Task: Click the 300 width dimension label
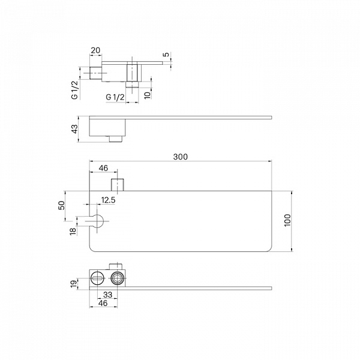pyautogui.click(x=180, y=157)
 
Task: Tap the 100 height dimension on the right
pyautogui.click(x=287, y=220)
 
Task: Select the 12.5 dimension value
pyautogui.click(x=108, y=200)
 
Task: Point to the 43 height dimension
pyautogui.click(x=75, y=129)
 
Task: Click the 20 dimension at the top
pyautogui.click(x=95, y=50)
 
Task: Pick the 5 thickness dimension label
pyautogui.click(x=166, y=55)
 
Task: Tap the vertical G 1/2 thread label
pyautogui.click(x=75, y=90)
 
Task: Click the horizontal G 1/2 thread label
pyautogui.click(x=115, y=97)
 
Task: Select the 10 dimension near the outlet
pyautogui.click(x=148, y=94)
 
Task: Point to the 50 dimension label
pyautogui.click(x=62, y=205)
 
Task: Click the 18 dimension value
pyautogui.click(x=73, y=231)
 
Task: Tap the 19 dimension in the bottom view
pyautogui.click(x=73, y=284)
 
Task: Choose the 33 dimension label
pyautogui.click(x=107, y=295)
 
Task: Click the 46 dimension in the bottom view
pyautogui.click(x=103, y=303)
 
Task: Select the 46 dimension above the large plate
pyautogui.click(x=103, y=168)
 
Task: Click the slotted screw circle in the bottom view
pyautogui.click(x=97, y=278)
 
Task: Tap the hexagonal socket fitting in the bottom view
pyautogui.click(x=117, y=278)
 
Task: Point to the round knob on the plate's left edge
pyautogui.click(x=98, y=221)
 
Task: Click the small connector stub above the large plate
pyautogui.click(x=118, y=185)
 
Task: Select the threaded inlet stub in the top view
pyautogui.click(x=95, y=73)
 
